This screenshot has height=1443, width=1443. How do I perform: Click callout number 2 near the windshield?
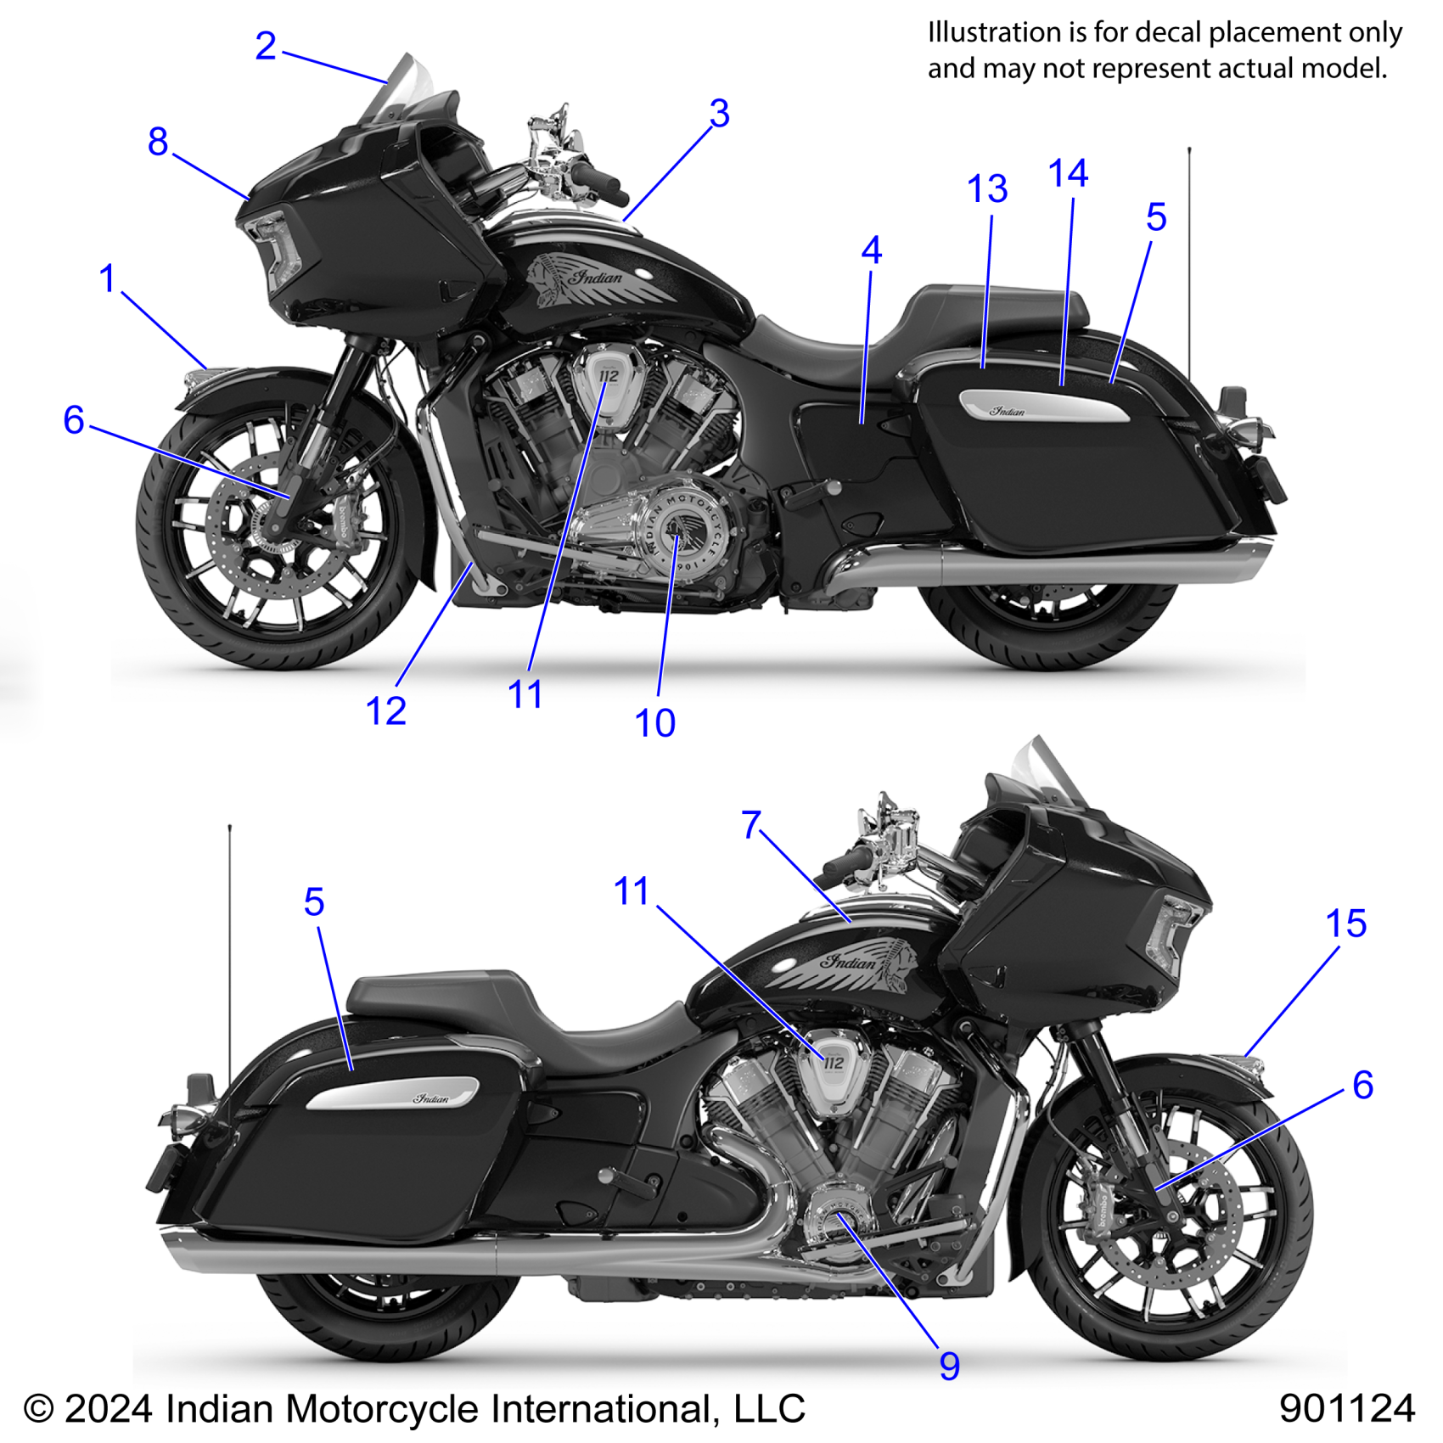[x=266, y=46]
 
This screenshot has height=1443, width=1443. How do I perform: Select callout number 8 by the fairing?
[x=158, y=142]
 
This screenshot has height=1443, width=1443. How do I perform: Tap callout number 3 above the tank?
[x=719, y=114]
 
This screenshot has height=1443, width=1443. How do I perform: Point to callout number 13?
[x=987, y=189]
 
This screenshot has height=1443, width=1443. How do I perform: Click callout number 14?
[x=1068, y=174]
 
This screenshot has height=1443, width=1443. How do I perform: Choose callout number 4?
[x=871, y=250]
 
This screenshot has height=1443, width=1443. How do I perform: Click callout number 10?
[x=654, y=723]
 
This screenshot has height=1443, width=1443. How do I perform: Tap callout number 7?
[x=751, y=825]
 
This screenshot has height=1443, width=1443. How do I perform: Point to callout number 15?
[x=1345, y=924]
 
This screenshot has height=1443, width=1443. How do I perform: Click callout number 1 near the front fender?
[x=107, y=278]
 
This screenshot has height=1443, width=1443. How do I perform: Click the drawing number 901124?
[x=1346, y=1408]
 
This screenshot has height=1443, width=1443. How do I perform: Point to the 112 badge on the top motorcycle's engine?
[x=609, y=376]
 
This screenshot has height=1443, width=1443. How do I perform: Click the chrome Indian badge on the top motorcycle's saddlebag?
[x=1044, y=407]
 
